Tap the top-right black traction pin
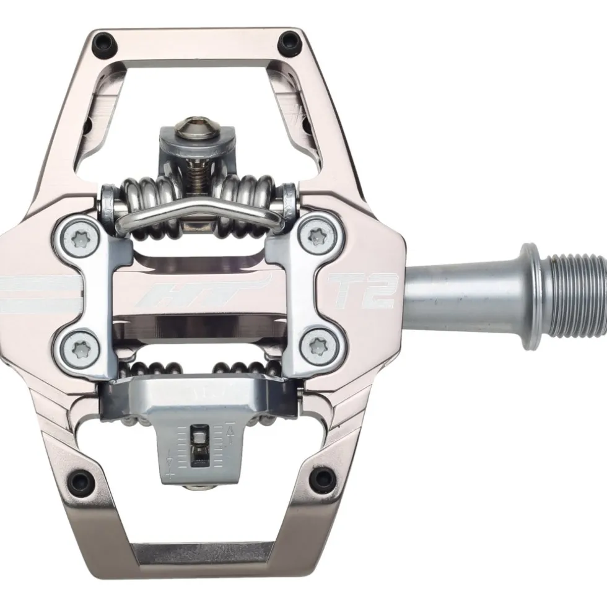(x=287, y=40)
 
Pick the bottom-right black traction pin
(x=318, y=476)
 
